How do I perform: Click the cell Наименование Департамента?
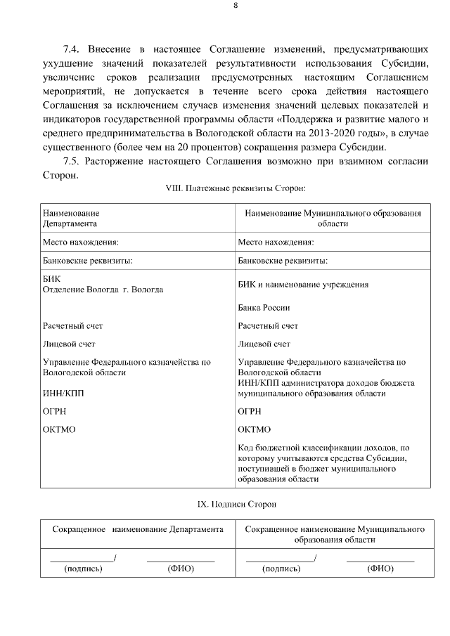click(x=70, y=218)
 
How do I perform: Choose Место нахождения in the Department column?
click(x=80, y=242)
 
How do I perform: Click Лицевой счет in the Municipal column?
click(x=264, y=344)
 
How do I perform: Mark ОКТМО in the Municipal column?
click(x=255, y=429)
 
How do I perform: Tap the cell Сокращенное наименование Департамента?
click(x=138, y=528)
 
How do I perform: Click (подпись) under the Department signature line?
click(x=83, y=569)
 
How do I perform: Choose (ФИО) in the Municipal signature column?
click(x=380, y=569)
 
